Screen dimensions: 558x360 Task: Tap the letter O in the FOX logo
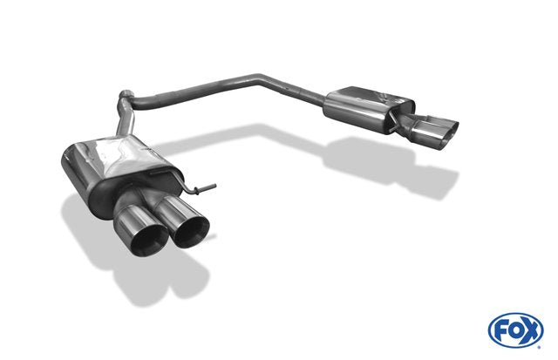[x=514, y=331]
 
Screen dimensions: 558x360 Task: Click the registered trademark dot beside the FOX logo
[x=539, y=347]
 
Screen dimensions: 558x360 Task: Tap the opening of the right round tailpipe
[x=192, y=231]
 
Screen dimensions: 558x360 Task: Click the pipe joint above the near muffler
[x=126, y=94]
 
